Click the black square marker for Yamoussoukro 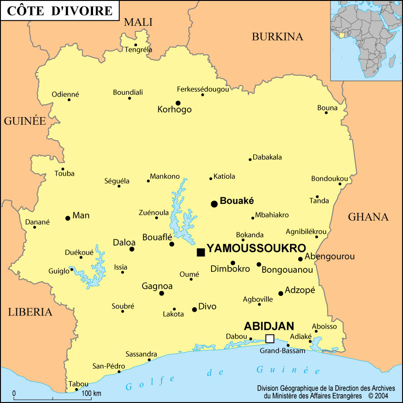tap(201, 252)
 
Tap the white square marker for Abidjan tap(270, 339)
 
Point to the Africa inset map tap(366, 40)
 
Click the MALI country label tap(138, 22)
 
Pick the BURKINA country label tap(277, 37)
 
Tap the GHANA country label tap(368, 217)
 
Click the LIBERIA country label tap(30, 312)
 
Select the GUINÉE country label tap(25, 121)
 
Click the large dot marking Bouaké tap(214, 204)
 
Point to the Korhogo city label tap(175, 109)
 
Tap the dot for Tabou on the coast tap(76, 389)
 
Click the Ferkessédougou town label tap(203, 89)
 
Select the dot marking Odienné tap(69, 100)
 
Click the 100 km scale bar tap(53, 398)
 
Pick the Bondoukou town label tap(329, 178)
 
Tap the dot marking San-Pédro tap(119, 372)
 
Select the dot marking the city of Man tap(68, 218)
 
